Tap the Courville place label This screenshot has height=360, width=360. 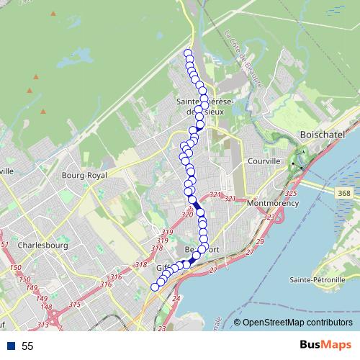tap(263, 162)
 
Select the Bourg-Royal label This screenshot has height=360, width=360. tap(84, 176)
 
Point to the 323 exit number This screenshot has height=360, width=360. tap(269, 217)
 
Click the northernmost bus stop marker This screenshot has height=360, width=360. tap(188, 53)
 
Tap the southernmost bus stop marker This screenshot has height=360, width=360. tap(154, 287)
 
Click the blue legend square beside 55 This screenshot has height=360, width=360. tap(10, 346)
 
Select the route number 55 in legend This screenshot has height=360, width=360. tap(27, 346)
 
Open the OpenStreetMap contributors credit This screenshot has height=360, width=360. tap(297, 323)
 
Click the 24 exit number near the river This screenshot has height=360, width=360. tap(176, 297)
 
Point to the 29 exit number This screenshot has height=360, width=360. tap(260, 242)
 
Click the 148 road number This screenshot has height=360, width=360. tap(46, 307)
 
